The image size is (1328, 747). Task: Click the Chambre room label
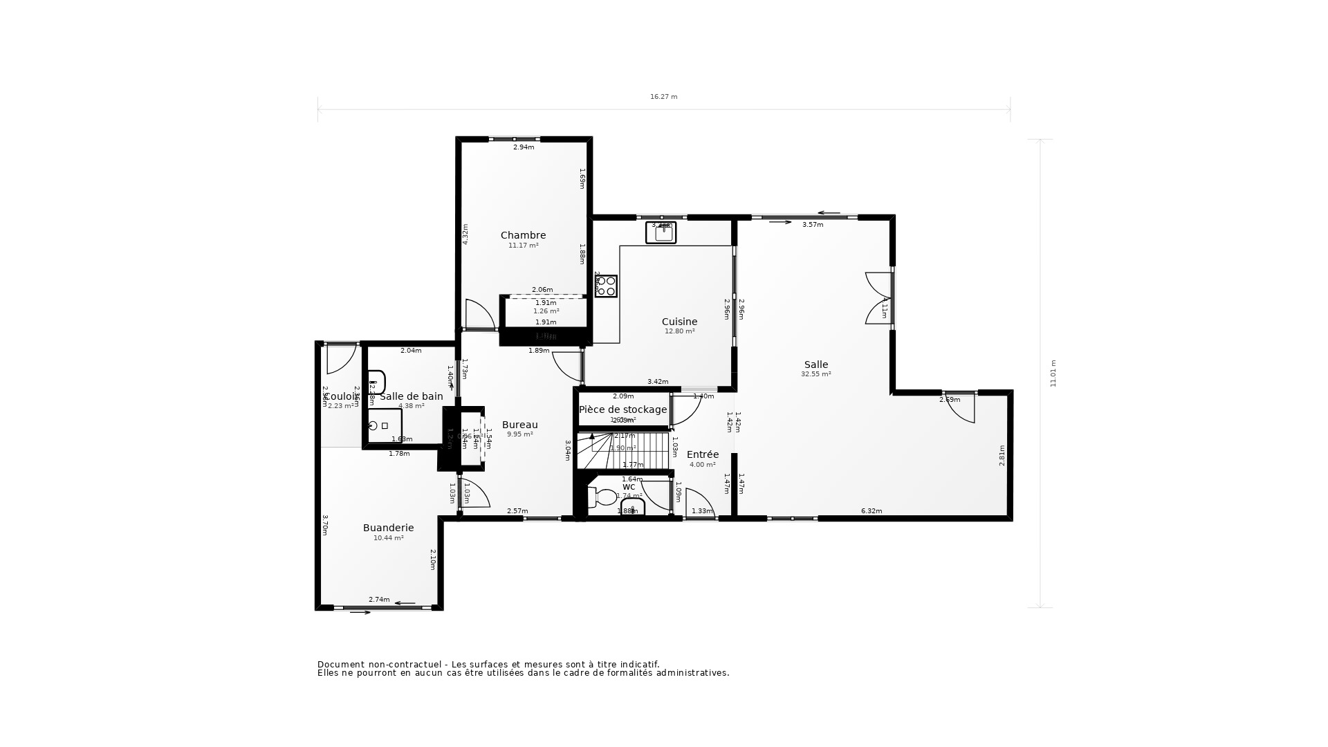click(x=523, y=235)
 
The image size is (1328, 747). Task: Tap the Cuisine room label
click(x=679, y=322)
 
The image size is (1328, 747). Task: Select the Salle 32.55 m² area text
click(x=815, y=374)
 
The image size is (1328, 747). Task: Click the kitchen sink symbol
click(x=661, y=232)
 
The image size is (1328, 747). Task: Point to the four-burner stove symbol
click(x=606, y=286)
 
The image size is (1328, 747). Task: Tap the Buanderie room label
click(x=388, y=528)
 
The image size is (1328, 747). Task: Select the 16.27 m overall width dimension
click(x=663, y=97)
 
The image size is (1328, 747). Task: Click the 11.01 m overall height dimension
click(x=1053, y=373)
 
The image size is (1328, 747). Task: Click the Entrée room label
click(x=702, y=454)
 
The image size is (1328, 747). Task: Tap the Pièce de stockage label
click(x=622, y=409)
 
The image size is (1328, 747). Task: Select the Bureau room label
click(x=519, y=425)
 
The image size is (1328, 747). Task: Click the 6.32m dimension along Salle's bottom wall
click(x=871, y=511)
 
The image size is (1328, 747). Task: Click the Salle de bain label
click(x=411, y=396)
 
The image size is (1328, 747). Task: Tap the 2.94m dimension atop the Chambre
click(x=523, y=147)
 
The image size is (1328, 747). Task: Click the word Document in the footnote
click(x=340, y=664)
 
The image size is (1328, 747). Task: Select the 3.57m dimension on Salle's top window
click(x=812, y=225)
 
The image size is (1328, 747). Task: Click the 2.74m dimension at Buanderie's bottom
click(x=378, y=600)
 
